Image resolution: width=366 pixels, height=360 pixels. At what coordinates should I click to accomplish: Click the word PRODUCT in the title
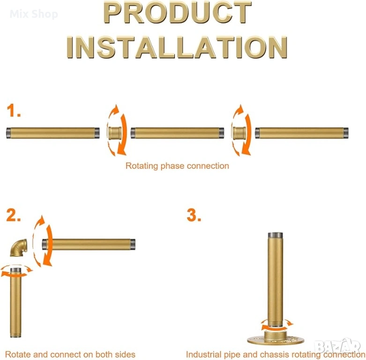(x=178, y=12)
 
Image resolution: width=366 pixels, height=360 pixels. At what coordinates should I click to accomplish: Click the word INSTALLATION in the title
(x=177, y=47)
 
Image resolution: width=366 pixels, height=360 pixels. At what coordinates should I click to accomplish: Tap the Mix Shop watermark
(x=34, y=14)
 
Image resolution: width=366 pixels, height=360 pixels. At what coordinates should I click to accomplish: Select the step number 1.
(x=14, y=111)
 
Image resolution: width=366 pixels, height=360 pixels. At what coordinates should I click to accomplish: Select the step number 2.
(x=13, y=215)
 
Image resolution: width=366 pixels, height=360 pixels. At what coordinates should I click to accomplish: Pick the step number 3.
(x=194, y=215)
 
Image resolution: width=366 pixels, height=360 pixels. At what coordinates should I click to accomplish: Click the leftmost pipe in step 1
(x=53, y=133)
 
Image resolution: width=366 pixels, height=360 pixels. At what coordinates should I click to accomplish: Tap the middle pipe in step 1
(x=178, y=133)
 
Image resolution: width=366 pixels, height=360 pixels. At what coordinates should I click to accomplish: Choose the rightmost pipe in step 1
(x=302, y=133)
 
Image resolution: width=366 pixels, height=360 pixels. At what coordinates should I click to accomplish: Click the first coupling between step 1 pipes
(x=115, y=133)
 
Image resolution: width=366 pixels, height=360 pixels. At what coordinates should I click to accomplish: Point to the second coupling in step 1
(x=239, y=133)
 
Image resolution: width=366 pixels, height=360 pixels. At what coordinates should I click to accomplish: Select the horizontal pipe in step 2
(x=89, y=244)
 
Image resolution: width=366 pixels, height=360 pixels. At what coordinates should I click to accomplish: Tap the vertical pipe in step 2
(x=15, y=302)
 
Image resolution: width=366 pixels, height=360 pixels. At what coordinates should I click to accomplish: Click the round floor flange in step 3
(x=276, y=340)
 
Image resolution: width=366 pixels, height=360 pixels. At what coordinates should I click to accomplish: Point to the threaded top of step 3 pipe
(x=276, y=235)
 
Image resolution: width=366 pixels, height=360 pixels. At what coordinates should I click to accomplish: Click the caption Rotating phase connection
(x=177, y=166)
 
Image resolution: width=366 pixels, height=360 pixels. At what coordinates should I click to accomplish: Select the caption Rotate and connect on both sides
(x=70, y=354)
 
